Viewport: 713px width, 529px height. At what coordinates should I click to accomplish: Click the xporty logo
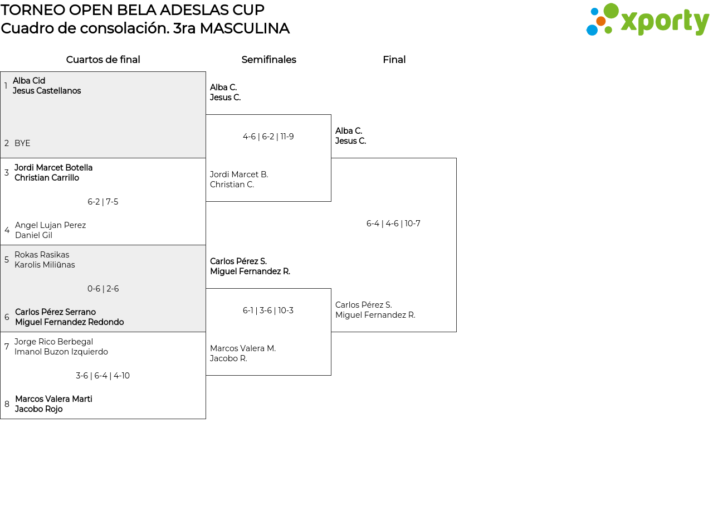point(647,20)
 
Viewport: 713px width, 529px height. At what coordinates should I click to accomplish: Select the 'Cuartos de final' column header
point(103,60)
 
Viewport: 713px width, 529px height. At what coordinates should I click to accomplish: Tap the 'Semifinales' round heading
point(268,60)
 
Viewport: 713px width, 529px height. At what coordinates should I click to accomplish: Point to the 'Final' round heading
point(394,60)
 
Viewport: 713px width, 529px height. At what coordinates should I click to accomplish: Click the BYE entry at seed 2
point(22,143)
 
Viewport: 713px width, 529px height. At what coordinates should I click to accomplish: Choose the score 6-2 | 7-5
point(103,202)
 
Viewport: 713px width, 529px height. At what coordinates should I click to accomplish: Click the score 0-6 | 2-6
point(103,289)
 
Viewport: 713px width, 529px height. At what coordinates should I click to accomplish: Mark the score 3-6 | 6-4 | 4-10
point(102,376)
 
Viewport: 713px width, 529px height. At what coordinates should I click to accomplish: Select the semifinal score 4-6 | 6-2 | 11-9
point(268,137)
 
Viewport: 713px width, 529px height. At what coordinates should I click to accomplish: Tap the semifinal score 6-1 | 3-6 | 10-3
point(268,310)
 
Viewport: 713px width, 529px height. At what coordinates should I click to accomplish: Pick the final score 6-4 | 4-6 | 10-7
point(393,224)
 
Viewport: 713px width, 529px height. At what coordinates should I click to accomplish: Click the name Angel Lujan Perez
point(51,225)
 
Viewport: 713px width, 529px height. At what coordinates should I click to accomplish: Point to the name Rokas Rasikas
point(42,255)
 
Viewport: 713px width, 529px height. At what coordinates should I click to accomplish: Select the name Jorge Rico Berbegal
point(53,342)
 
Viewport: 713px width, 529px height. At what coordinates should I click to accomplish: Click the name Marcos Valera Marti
point(53,399)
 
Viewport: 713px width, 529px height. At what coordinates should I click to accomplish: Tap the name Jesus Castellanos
point(47,91)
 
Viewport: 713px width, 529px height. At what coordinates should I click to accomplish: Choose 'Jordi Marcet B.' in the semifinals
point(239,174)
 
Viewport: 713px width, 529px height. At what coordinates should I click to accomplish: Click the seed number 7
point(7,347)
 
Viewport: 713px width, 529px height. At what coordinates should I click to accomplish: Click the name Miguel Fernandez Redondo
point(70,322)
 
